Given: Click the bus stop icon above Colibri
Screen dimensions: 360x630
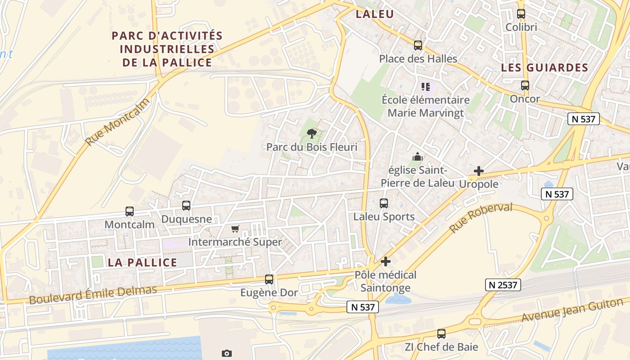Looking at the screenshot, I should click(521, 14).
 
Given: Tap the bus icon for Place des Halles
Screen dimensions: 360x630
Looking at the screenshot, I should click(418, 45).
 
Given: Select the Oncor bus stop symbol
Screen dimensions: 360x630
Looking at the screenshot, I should click(525, 85).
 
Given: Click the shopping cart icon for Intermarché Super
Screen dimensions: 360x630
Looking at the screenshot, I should click(235, 229).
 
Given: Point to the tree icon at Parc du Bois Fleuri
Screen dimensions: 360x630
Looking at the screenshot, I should click(311, 134).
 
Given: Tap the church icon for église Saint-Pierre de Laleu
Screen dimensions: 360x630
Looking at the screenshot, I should click(418, 157).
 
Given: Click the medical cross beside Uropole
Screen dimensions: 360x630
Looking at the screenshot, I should click(479, 171).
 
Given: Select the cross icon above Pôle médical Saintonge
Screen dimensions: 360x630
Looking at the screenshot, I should click(386, 261).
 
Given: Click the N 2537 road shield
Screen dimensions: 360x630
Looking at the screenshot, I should click(503, 285).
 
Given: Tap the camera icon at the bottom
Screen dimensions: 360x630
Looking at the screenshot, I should click(227, 353).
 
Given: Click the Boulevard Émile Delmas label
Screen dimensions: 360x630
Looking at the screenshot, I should click(93, 294).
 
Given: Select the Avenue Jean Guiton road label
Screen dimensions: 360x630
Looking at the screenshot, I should click(572, 310).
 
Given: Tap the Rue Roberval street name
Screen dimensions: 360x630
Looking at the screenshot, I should click(481, 218).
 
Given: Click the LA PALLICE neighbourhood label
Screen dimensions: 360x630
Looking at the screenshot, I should click(142, 263).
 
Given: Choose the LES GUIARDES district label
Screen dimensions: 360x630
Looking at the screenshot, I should click(544, 68).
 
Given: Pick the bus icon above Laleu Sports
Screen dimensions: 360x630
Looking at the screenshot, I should click(384, 203).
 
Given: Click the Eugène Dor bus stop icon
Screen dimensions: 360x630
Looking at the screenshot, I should click(269, 279).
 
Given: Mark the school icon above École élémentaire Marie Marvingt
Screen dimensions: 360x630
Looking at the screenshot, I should click(426, 86).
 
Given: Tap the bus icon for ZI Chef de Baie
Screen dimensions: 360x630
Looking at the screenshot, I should click(441, 334).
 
